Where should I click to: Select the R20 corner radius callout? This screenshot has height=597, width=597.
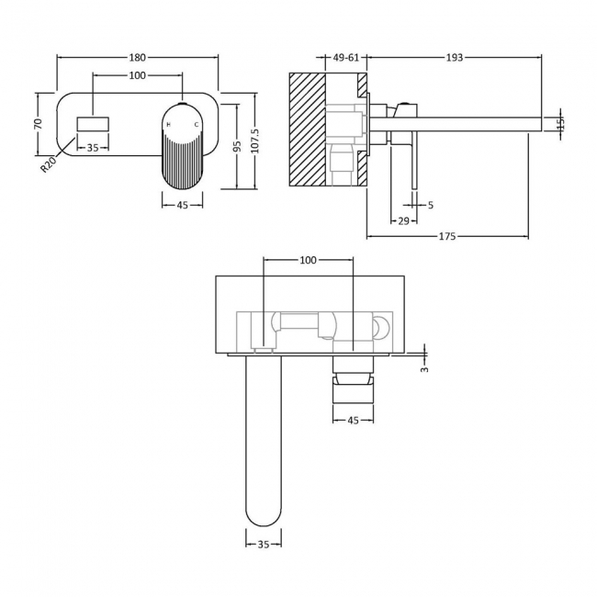click(x=48, y=163)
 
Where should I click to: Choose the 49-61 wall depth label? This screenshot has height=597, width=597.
click(x=347, y=57)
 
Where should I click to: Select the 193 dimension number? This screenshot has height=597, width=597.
click(x=454, y=57)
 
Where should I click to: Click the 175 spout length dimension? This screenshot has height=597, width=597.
click(x=447, y=237)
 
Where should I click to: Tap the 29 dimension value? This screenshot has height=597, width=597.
click(x=403, y=220)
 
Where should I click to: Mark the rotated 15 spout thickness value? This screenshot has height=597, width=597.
click(x=560, y=122)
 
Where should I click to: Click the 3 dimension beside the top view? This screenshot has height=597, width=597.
click(x=425, y=368)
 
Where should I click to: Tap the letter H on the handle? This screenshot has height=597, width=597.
click(x=168, y=112)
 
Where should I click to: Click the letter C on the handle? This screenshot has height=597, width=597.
click(x=195, y=112)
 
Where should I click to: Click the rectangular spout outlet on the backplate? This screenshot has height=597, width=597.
click(x=93, y=123)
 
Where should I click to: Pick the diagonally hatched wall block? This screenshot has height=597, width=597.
click(x=309, y=129)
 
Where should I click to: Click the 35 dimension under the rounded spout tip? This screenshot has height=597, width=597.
click(x=264, y=545)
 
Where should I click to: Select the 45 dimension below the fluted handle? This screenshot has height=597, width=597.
click(x=182, y=205)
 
